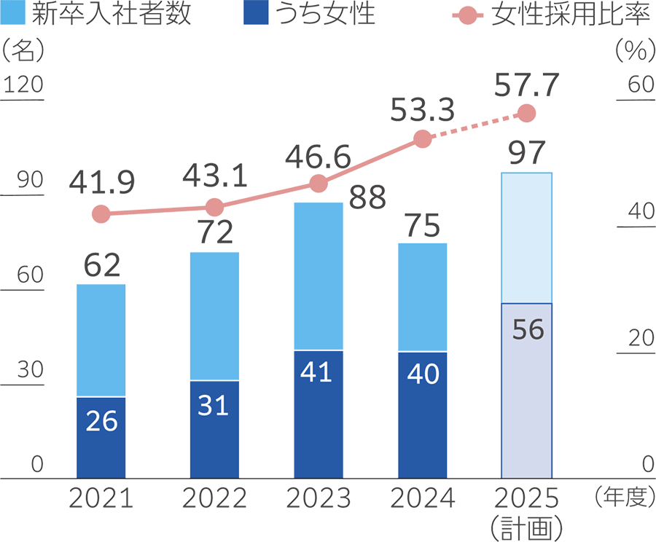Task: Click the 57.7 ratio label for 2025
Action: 526,85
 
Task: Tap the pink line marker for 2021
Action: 101,214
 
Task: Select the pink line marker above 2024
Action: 421,139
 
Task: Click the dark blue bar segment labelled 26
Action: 101,437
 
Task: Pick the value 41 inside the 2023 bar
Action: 318,372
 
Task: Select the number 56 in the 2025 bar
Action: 528,330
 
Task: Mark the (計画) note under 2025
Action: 526,527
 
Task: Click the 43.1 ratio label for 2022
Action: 214,176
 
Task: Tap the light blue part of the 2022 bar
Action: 214,316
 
